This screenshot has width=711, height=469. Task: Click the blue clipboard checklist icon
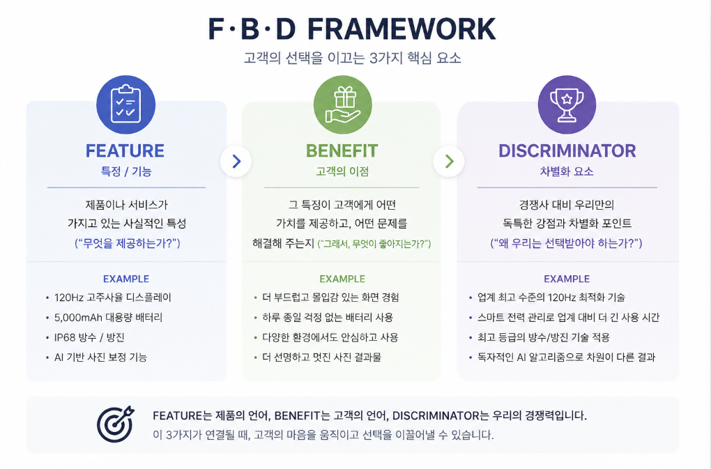pos(125,105)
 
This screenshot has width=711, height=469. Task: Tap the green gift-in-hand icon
pos(343,105)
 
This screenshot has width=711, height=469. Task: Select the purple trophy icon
pos(567,105)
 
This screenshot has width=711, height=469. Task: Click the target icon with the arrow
pos(116,424)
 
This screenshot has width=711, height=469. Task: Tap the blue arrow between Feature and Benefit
pos(236,161)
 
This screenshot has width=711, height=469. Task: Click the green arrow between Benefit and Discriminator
pos(449,161)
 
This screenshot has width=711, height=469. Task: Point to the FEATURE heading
pos(125,151)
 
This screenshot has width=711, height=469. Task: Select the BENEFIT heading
pos(342,151)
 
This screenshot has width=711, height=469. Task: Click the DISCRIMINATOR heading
pos(567,151)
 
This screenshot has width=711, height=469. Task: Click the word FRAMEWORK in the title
pos(402,29)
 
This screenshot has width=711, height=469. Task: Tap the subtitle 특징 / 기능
pos(126,171)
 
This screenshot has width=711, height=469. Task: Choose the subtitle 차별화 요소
pos(567,171)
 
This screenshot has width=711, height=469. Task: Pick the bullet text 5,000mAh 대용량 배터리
pos(108,318)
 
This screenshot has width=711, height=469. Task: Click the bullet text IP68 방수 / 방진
pos(89,337)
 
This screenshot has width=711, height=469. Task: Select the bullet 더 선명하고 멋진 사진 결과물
pos(322,357)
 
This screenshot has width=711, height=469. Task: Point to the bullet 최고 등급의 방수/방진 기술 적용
pos(544,337)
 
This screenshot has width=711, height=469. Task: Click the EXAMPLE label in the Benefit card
pos(342,279)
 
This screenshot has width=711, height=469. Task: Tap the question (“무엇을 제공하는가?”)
pos(128,243)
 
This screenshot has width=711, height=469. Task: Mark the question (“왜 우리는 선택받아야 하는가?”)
pos(566,243)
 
